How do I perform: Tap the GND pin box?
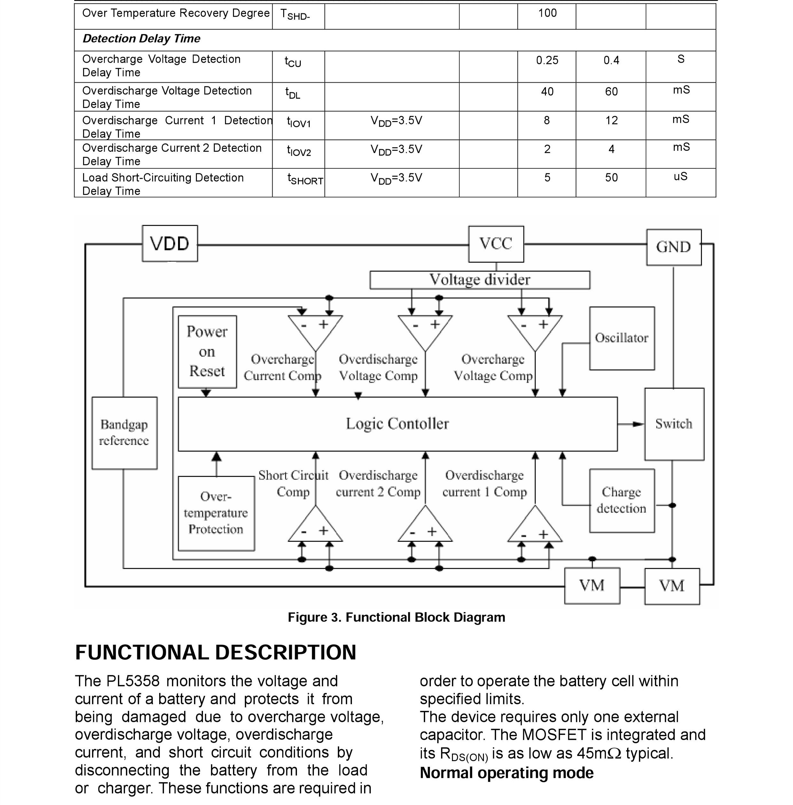click(x=673, y=247)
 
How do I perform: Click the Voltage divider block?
click(x=479, y=280)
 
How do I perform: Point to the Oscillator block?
click(x=621, y=338)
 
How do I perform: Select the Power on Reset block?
click(x=207, y=351)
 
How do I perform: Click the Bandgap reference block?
click(x=124, y=433)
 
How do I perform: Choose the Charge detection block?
click(x=621, y=500)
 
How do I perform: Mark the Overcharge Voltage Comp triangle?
click(x=535, y=330)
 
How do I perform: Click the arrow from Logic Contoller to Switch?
click(x=631, y=424)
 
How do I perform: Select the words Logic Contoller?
click(x=397, y=424)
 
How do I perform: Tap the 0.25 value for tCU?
click(x=547, y=61)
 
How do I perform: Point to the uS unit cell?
click(x=680, y=177)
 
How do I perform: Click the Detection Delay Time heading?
click(x=142, y=39)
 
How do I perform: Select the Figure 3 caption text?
click(x=396, y=617)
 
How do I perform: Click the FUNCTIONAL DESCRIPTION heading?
click(x=216, y=653)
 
